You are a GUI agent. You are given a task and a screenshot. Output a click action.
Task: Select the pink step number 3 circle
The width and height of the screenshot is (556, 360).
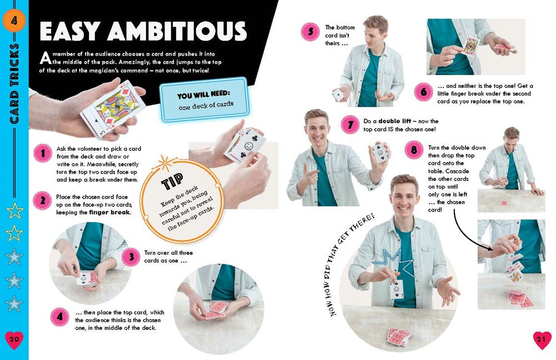pos(131,257)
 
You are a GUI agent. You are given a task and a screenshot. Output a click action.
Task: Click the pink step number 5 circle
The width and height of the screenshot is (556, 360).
pos(310,32)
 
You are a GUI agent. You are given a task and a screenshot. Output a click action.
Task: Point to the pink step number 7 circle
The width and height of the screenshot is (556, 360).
pos(350,125)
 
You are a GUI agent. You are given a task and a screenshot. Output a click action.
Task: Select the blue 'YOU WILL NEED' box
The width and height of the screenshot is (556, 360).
pos(203,100)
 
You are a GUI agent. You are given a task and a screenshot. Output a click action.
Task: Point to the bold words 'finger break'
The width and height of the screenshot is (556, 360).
pos(108,212)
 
